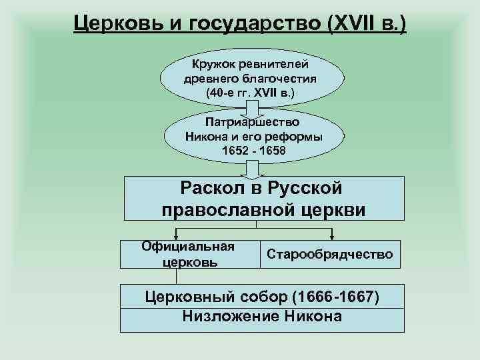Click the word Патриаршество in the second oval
253,123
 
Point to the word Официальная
188,246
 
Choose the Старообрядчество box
330,254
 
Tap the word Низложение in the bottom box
229,316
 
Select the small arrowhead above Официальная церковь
175,235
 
